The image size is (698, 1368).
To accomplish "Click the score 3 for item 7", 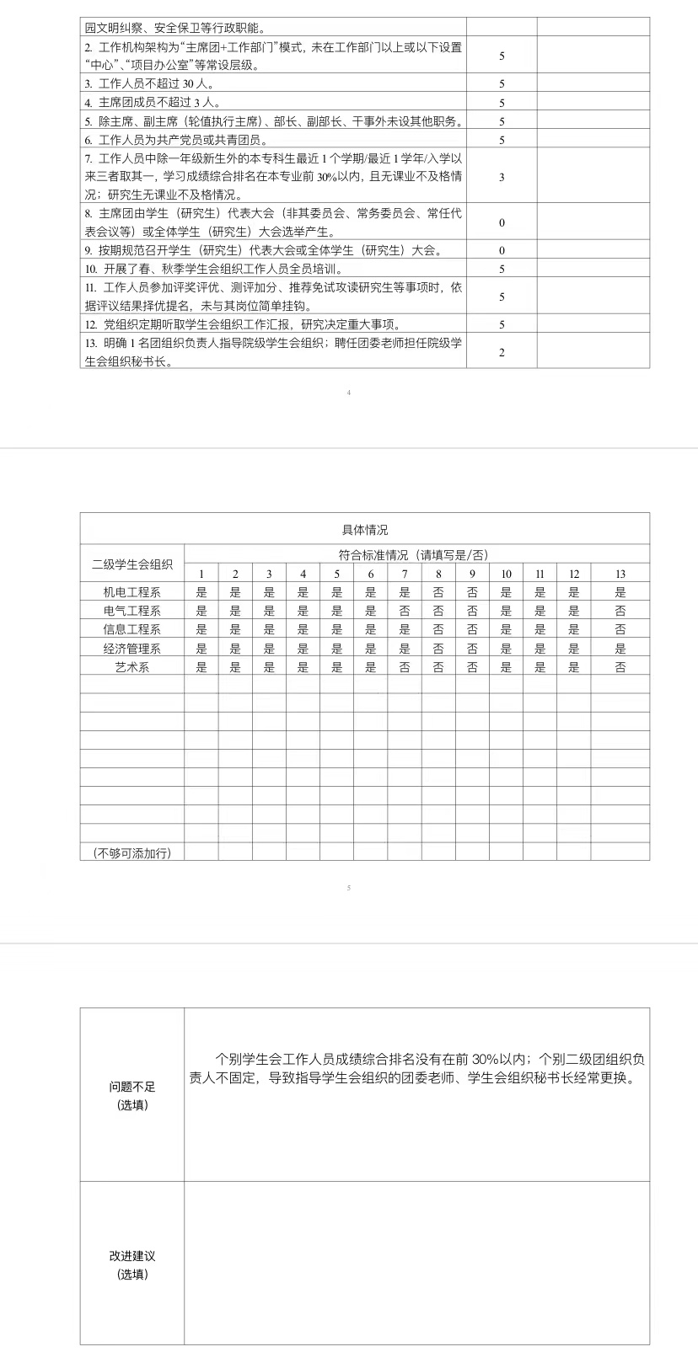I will pyautogui.click(x=502, y=177).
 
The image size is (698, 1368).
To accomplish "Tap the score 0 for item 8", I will pyautogui.click(x=502, y=223).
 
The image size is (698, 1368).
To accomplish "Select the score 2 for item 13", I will pyautogui.click(x=502, y=352).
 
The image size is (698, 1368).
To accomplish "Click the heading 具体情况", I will pyautogui.click(x=365, y=530).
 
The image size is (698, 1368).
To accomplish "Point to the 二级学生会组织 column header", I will pyautogui.click(x=132, y=564).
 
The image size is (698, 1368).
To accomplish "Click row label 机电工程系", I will pyautogui.click(x=132, y=592).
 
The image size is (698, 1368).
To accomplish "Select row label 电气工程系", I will pyautogui.click(x=132, y=611).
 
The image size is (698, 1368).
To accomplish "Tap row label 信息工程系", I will pyautogui.click(x=132, y=629).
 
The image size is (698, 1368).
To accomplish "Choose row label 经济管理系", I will pyautogui.click(x=132, y=649).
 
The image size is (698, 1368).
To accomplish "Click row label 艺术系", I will pyautogui.click(x=132, y=667).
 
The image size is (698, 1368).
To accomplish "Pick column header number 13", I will pyautogui.click(x=620, y=574).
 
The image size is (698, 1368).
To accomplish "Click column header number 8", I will pyautogui.click(x=438, y=574).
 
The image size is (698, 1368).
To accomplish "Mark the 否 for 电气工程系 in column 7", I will pyautogui.click(x=405, y=611).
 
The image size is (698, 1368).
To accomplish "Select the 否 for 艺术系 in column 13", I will pyautogui.click(x=620, y=667).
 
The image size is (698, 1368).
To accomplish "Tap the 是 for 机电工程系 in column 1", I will pyautogui.click(x=201, y=592).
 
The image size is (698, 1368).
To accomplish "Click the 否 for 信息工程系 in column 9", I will pyautogui.click(x=472, y=629).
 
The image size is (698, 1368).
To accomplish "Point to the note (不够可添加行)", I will pyautogui.click(x=132, y=852).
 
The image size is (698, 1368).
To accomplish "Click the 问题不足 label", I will pyautogui.click(x=132, y=1087).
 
